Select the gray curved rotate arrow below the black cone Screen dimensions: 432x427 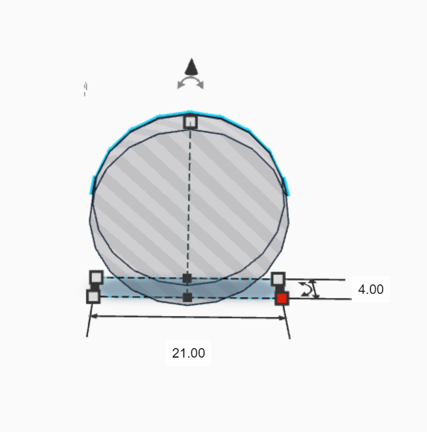point(190,83)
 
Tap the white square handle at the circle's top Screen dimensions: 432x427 point(190,121)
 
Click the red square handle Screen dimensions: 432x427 point(282,298)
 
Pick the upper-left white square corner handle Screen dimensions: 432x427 point(96,277)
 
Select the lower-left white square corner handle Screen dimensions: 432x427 point(93,296)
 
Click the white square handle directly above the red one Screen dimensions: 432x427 point(278,279)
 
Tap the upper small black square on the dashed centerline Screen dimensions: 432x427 point(187,278)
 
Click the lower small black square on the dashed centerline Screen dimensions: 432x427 point(187,297)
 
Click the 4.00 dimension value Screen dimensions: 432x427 point(370,289)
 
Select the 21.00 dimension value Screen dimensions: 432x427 point(189,353)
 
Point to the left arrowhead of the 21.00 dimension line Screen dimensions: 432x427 point(91,316)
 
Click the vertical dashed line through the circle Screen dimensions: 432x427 point(189,202)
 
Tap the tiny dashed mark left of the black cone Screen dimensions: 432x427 point(85,89)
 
